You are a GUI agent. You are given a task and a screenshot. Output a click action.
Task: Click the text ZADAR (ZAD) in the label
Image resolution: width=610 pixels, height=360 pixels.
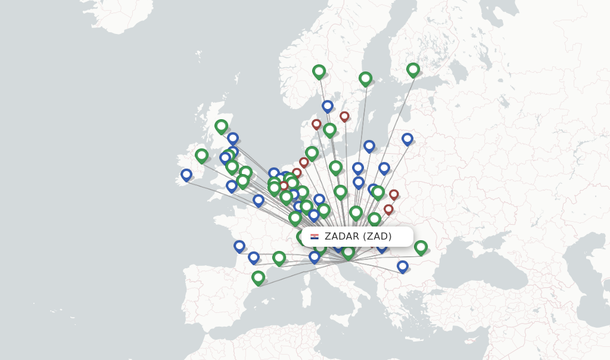[x=358, y=237]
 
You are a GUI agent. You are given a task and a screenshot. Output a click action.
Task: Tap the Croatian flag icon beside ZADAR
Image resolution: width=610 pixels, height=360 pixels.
[x=315, y=237]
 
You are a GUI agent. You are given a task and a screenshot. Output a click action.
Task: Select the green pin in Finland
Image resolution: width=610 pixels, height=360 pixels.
[x=413, y=70]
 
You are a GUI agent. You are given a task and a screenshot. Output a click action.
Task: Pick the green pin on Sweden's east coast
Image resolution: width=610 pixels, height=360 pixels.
[x=365, y=79]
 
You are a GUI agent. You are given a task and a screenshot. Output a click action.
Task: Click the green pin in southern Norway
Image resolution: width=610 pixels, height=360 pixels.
[x=319, y=72]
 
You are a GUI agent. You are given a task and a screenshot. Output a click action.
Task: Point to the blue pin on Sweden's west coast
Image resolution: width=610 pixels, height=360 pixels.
[x=327, y=106]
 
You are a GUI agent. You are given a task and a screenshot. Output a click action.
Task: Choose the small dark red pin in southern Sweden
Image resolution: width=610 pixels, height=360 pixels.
[x=344, y=116]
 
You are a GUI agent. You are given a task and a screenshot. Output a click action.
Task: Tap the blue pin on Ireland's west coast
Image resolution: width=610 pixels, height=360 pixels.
[x=186, y=175]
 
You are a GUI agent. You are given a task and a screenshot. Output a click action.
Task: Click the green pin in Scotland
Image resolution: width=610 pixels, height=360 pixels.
[x=221, y=126]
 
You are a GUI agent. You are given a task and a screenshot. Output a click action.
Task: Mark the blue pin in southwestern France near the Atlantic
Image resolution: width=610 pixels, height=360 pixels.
[x=239, y=246]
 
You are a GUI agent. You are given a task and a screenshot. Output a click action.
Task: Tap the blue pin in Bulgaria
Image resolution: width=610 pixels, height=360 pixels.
[x=403, y=266]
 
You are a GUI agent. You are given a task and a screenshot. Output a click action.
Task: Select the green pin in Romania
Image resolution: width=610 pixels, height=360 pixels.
[x=421, y=247]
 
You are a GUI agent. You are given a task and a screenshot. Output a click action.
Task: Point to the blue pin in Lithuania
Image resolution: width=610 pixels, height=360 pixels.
[x=407, y=139]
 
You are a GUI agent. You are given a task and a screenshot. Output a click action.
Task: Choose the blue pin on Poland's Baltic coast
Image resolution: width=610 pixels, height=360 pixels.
[x=369, y=145]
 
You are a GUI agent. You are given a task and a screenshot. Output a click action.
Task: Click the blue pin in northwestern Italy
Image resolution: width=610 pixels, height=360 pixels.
[x=315, y=257]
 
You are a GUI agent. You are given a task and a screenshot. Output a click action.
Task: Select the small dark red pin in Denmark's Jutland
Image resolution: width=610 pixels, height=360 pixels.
[x=316, y=124]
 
